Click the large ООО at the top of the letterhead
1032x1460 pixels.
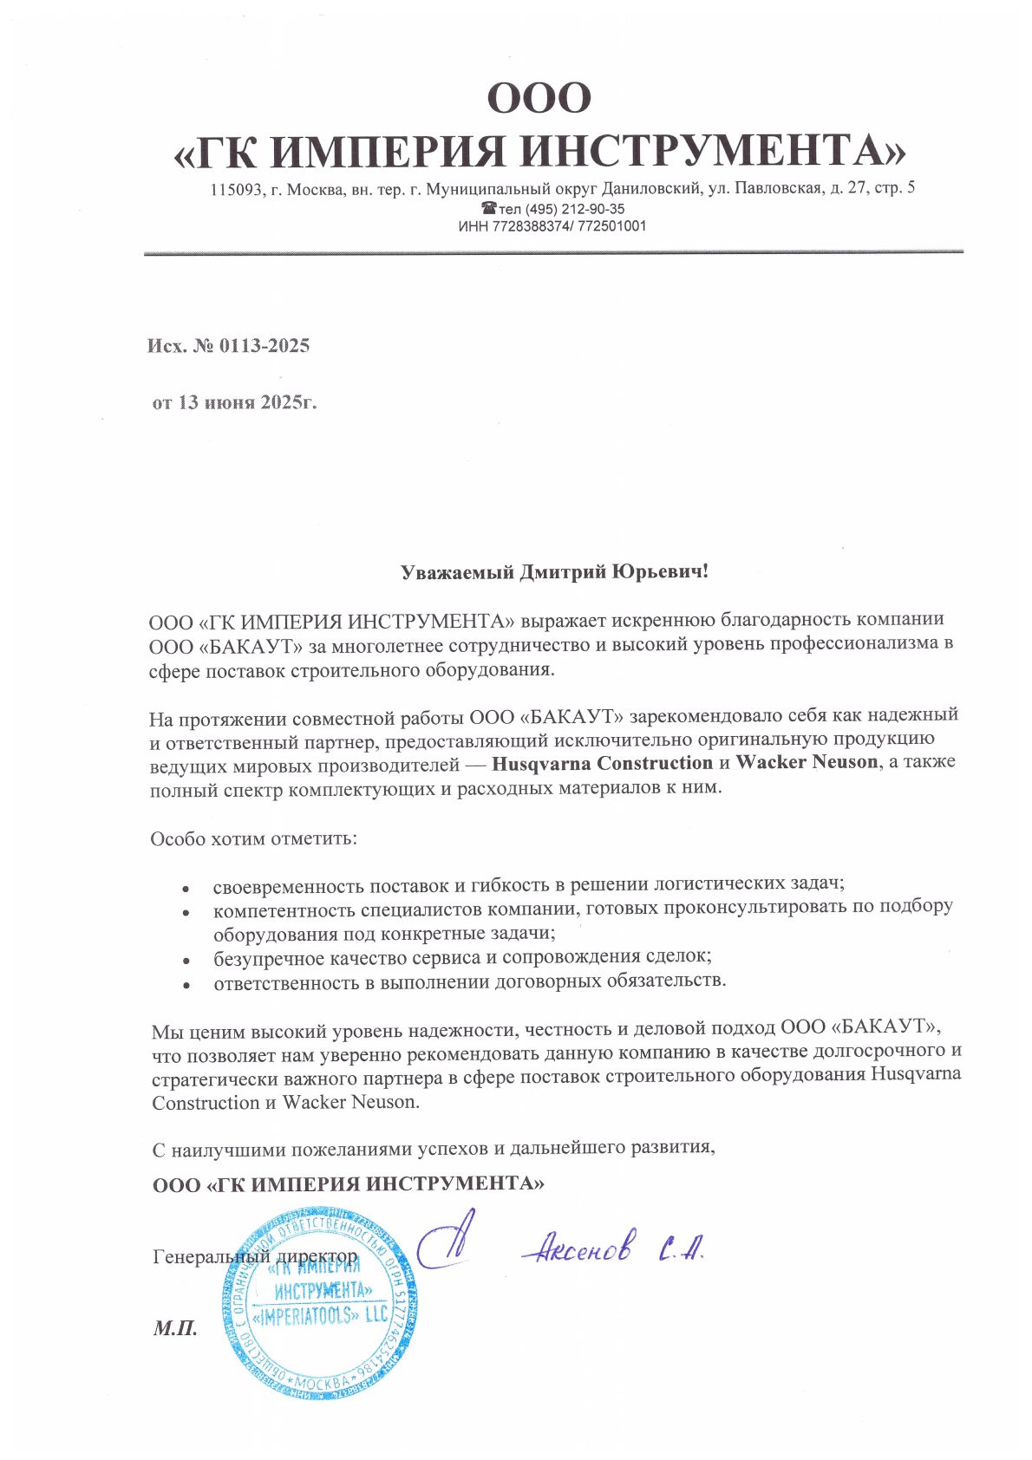coord(539,98)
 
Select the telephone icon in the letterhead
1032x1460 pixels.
coord(489,209)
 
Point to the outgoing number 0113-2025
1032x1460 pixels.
coord(264,346)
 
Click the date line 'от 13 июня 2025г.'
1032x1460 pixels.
coord(234,403)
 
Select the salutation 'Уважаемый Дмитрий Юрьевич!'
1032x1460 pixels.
coord(554,573)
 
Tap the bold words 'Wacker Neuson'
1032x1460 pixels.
coord(807,764)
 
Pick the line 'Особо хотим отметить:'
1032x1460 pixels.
coord(253,839)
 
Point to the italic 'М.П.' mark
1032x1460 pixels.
coord(175,1328)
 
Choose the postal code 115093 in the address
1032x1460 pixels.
coord(236,188)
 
